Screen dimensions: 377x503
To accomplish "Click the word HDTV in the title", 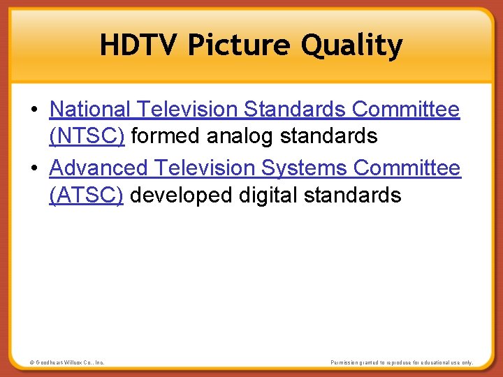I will point(140,45).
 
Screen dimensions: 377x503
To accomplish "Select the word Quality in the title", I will point(352,45).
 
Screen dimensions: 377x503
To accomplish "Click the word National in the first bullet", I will point(90,109).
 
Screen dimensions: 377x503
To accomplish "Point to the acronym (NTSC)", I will point(87,135).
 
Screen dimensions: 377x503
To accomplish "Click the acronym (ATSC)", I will point(87,195).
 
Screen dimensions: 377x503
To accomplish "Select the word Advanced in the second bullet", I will point(99,168).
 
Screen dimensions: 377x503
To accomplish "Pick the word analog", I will point(241,135).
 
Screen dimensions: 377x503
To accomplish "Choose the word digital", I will point(268,195).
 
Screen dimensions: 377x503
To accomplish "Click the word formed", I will point(166,135).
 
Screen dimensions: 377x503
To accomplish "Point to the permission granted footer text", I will point(402,362).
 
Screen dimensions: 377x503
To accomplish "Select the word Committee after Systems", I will point(407,168).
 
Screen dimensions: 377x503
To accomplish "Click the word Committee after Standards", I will point(406,109).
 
